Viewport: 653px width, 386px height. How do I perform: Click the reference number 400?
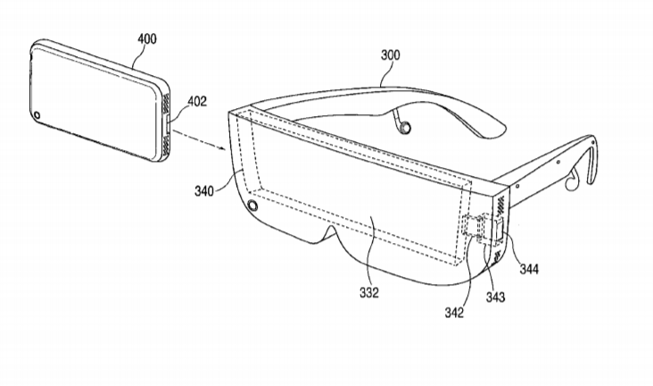pyautogui.click(x=147, y=39)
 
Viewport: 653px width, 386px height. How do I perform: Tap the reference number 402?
pyautogui.click(x=197, y=101)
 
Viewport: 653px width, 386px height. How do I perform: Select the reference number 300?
pyautogui.click(x=390, y=55)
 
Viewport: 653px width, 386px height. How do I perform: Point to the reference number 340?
pyautogui.click(x=204, y=191)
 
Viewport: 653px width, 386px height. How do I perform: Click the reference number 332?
pyautogui.click(x=369, y=293)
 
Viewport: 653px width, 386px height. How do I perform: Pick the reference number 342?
pyautogui.click(x=454, y=313)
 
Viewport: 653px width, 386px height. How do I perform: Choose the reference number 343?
pyautogui.click(x=495, y=298)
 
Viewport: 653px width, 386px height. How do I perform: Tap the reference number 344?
pyautogui.click(x=529, y=269)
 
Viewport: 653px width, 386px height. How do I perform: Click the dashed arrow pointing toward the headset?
pyautogui.click(x=199, y=140)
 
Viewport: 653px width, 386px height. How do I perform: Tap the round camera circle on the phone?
pyautogui.click(x=37, y=115)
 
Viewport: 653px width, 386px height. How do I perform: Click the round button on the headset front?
pyautogui.click(x=252, y=206)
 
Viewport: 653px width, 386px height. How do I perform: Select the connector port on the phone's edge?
pyautogui.click(x=168, y=125)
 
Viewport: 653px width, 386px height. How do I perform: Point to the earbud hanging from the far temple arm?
pyautogui.click(x=401, y=124)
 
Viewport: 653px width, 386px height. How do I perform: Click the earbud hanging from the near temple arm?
pyautogui.click(x=574, y=180)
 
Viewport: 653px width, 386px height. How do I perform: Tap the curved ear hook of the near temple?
pyautogui.click(x=591, y=158)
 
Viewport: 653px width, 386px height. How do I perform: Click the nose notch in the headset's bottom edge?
pyautogui.click(x=331, y=235)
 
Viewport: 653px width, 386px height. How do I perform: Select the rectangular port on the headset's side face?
pyautogui.click(x=500, y=230)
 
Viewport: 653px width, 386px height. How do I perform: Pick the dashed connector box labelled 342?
pyautogui.click(x=471, y=226)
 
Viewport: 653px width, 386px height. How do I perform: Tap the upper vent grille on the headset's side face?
pyautogui.click(x=500, y=205)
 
